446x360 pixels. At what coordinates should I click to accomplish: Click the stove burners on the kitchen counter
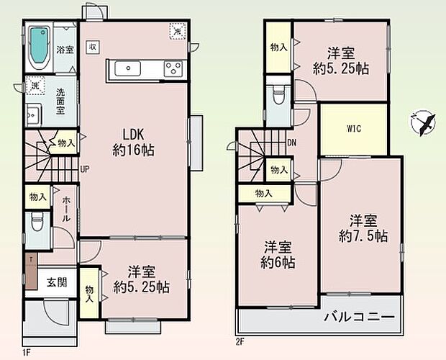tap(173, 69)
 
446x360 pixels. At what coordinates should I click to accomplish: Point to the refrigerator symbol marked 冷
tap(176, 30)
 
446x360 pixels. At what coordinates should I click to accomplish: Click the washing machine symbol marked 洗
tap(34, 86)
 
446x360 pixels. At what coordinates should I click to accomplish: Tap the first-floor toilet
tap(37, 225)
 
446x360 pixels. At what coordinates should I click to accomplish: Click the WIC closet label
tap(352, 130)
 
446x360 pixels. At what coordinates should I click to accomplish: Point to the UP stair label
tap(84, 170)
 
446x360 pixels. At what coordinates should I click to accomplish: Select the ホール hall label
tap(65, 208)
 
